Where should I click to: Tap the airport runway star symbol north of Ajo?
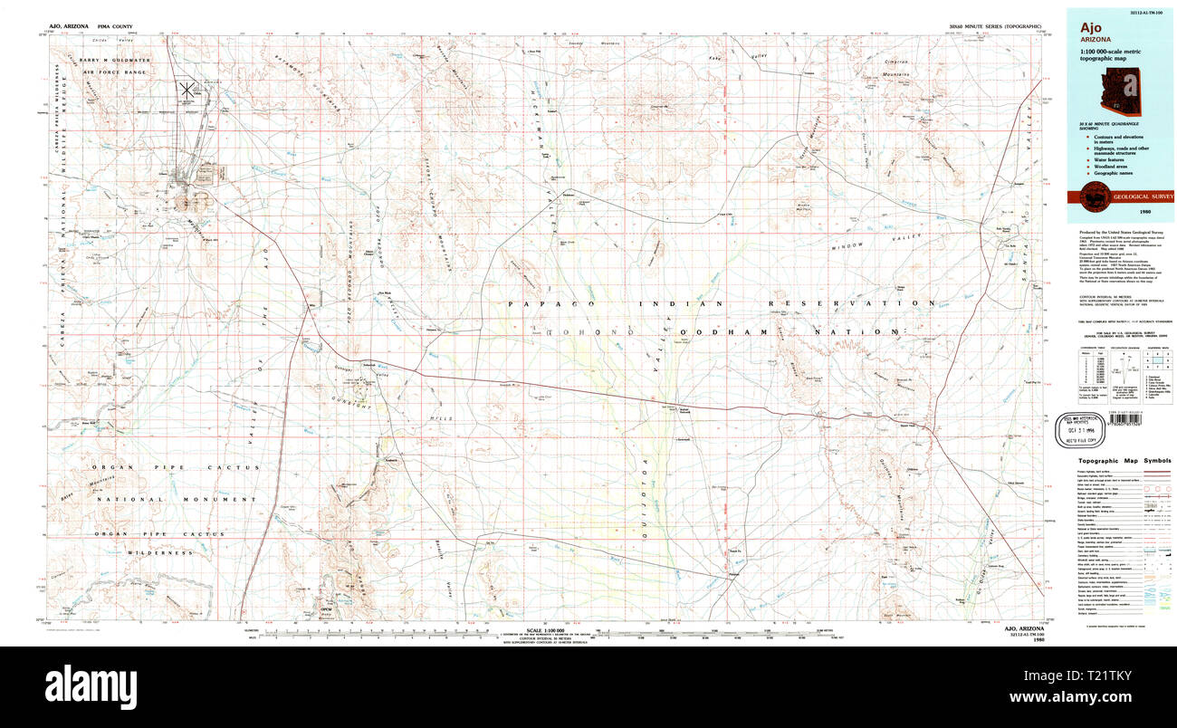point(187,89)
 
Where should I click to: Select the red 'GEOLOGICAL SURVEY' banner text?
point(1142,196)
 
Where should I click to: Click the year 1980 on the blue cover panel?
point(1145,211)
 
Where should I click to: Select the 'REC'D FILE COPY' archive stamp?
point(1083,426)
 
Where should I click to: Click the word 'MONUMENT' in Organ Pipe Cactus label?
point(221,499)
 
